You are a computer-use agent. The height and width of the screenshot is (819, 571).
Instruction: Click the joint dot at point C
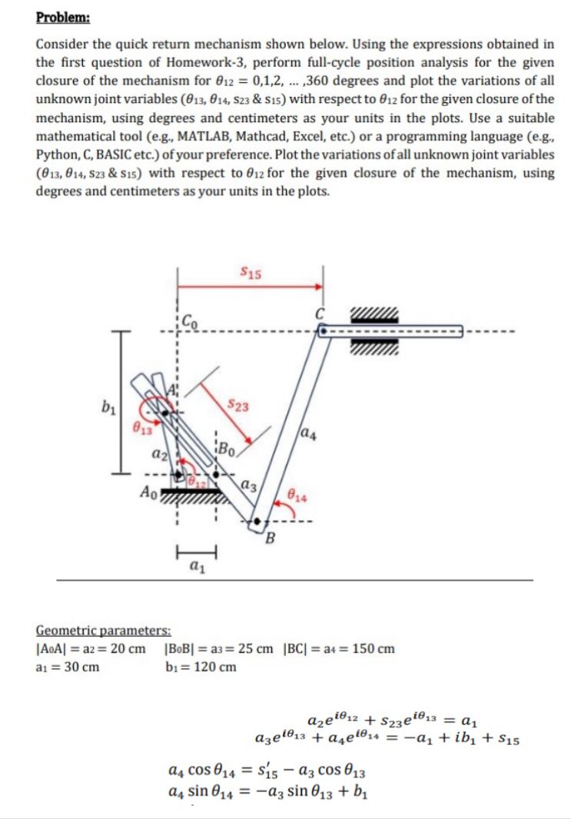(323, 330)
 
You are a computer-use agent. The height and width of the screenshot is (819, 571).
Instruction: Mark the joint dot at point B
(257, 522)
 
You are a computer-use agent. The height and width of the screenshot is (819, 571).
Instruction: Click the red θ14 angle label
(296, 496)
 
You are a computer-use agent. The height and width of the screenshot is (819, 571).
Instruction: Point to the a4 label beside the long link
(310, 436)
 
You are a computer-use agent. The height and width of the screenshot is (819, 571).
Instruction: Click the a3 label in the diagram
(247, 485)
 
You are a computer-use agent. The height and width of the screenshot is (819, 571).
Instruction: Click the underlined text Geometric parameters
(104, 630)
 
